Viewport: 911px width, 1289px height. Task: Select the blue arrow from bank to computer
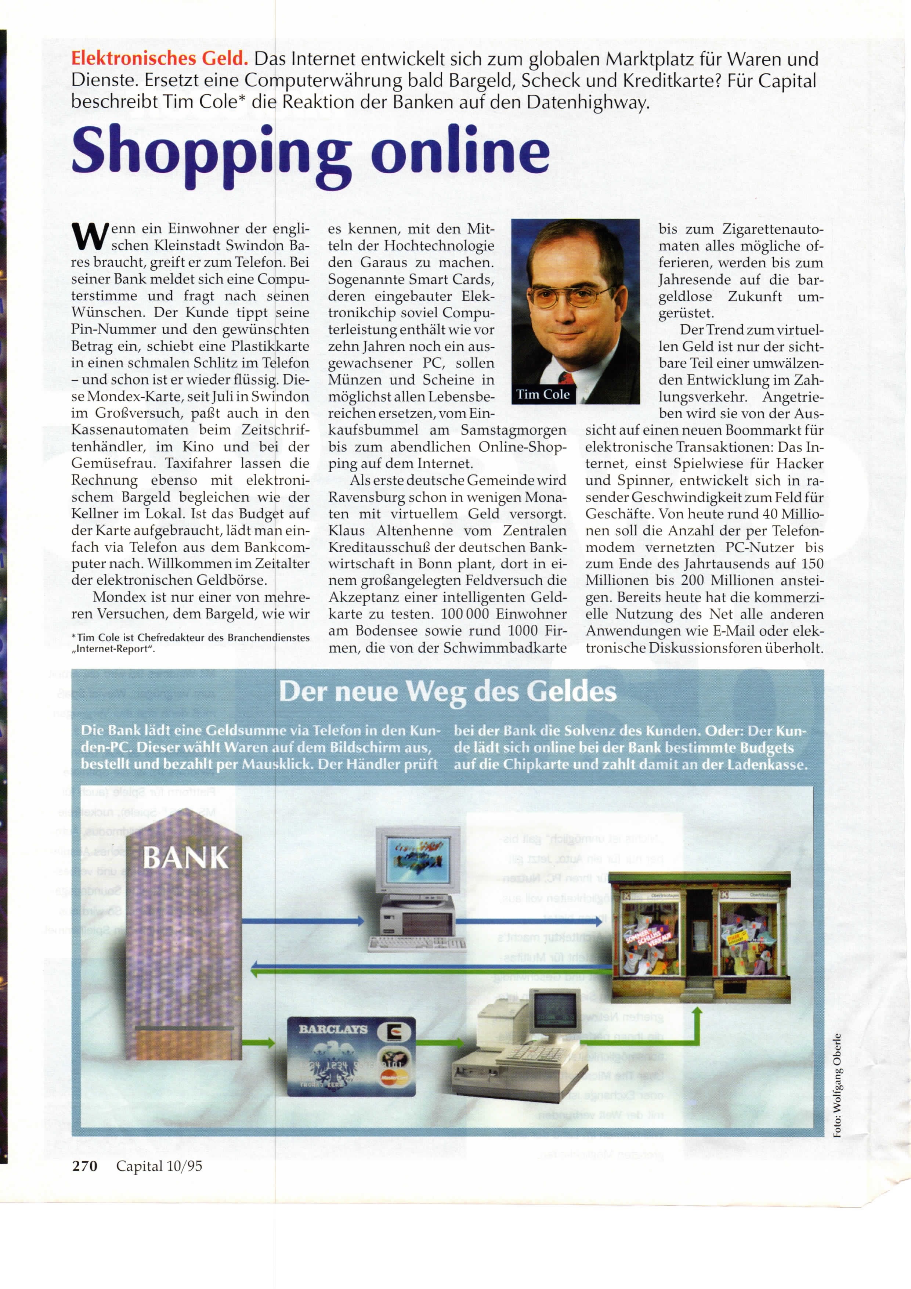pos(303,921)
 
